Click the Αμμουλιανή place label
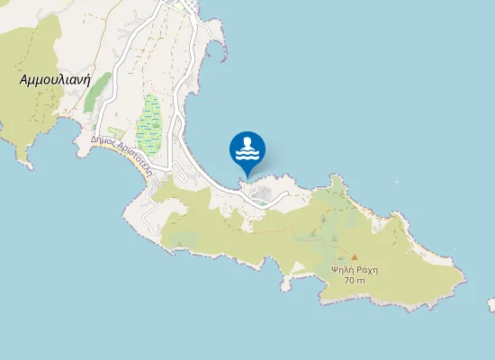(x=58, y=79)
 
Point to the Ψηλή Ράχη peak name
(x=354, y=269)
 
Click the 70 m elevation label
(x=355, y=281)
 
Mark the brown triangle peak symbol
(x=354, y=256)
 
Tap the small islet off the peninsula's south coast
(x=285, y=287)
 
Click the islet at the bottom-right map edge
(x=490, y=305)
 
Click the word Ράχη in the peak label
(x=365, y=269)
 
